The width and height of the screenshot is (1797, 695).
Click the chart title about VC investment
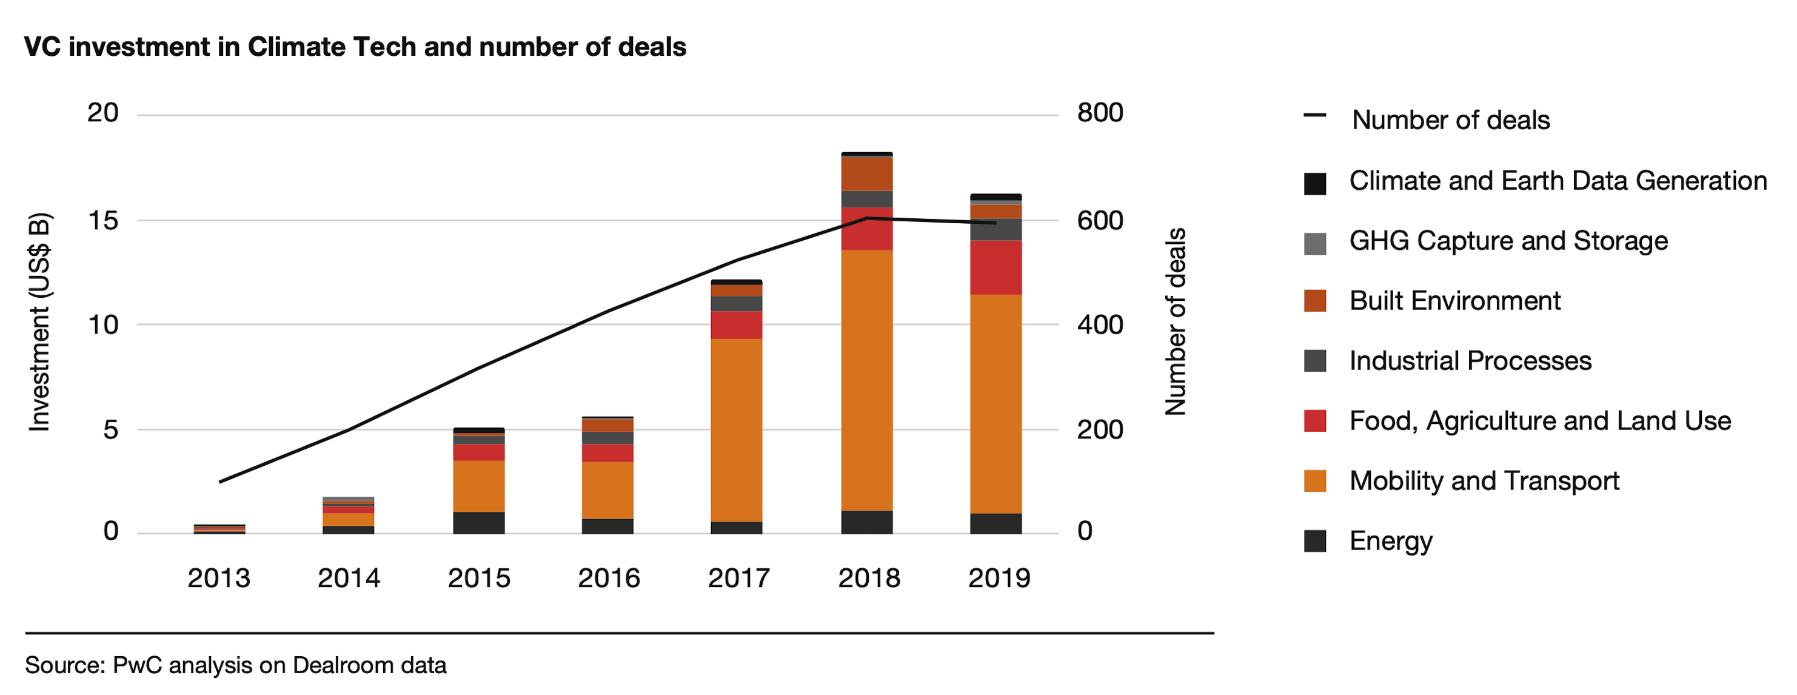355,47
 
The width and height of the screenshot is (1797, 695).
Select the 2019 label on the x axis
999,578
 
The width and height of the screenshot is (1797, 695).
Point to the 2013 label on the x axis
218,578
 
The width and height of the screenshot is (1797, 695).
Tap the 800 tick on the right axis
1099,113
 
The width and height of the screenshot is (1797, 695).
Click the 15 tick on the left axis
103,221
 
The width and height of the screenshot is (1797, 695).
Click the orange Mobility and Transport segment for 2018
866,380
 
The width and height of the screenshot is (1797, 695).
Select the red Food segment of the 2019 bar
996,267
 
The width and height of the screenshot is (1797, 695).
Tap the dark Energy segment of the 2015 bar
478,523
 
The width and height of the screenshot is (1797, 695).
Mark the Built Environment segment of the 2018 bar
866,173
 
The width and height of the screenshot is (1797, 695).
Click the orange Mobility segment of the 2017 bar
736,430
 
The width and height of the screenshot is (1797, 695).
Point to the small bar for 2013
219,529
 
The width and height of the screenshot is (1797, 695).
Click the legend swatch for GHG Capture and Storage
1314,244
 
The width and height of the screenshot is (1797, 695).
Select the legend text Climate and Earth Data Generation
1557,181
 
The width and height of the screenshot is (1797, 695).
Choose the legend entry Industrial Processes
1470,361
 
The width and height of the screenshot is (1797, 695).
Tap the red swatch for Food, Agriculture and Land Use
1314,421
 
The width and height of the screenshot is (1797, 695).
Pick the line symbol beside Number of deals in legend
1314,115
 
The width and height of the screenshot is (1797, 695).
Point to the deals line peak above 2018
866,218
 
